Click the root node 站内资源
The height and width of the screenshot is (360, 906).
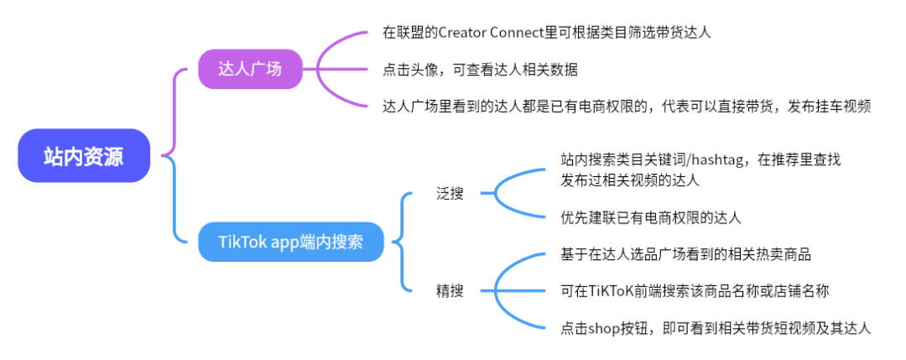(84, 156)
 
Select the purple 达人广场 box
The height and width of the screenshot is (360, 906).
(250, 69)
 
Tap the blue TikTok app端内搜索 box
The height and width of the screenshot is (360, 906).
(292, 243)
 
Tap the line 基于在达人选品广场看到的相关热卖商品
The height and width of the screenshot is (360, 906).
(685, 254)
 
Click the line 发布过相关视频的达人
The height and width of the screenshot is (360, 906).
(629, 179)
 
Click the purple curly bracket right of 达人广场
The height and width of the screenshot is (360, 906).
(323, 69)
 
